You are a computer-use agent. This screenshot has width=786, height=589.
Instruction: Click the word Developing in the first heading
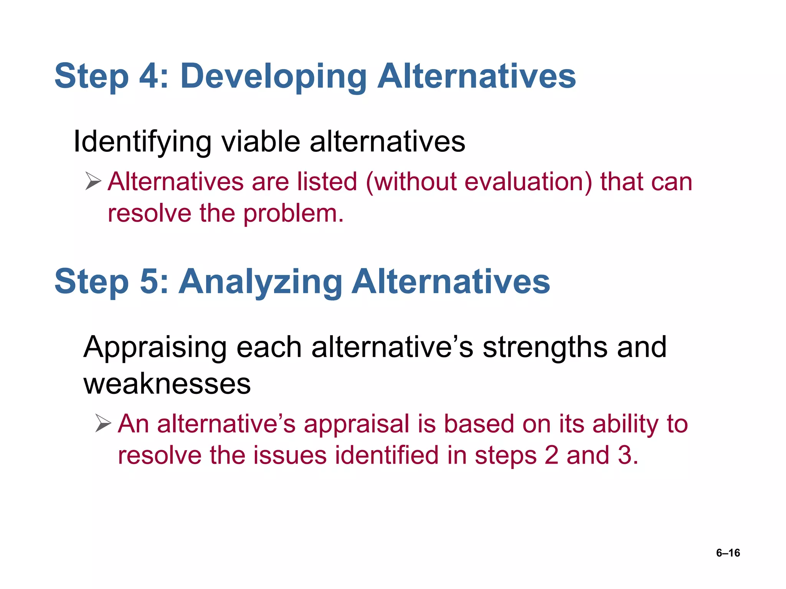click(x=273, y=77)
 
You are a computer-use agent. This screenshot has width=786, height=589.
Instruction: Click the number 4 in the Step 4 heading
click(x=148, y=76)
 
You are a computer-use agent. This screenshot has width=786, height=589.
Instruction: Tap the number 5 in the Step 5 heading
click(x=149, y=281)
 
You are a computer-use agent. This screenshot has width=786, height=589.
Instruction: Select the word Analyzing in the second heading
click(x=260, y=282)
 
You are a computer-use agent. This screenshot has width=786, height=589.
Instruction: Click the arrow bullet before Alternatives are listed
click(x=93, y=181)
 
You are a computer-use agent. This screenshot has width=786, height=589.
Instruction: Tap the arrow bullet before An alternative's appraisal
click(x=103, y=423)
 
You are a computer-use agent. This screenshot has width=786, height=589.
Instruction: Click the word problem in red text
click(x=294, y=213)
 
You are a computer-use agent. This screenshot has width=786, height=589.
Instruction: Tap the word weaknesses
click(x=167, y=383)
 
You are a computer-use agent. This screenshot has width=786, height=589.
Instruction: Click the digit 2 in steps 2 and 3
click(x=551, y=456)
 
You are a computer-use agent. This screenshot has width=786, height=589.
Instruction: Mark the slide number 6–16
click(x=728, y=553)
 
